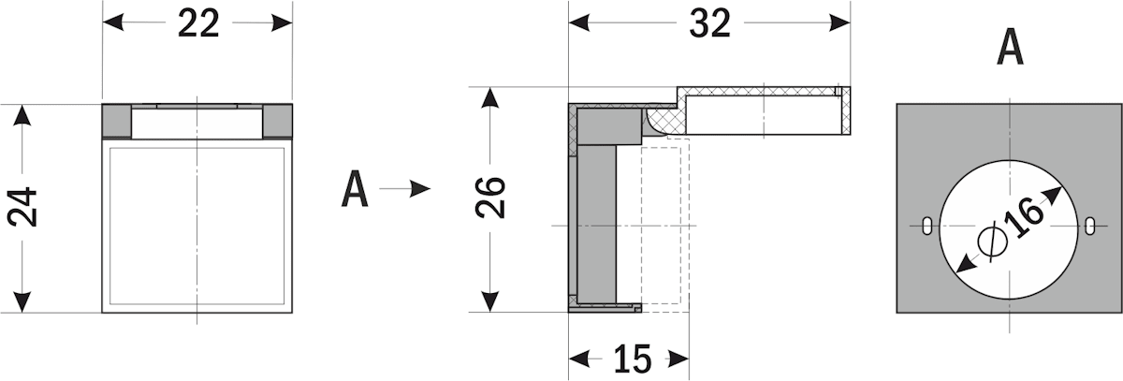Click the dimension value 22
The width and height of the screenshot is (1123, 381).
coord(198,23)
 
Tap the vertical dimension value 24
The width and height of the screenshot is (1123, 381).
coord(22,207)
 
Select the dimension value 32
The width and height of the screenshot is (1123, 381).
coord(710,23)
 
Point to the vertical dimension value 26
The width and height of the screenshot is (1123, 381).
coord(490,198)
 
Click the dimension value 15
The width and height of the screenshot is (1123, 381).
coord(633,359)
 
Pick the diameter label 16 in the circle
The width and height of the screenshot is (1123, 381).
coord(1025,216)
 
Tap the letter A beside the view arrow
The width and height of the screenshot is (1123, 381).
coord(355,189)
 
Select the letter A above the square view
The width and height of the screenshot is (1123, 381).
coord(1010,47)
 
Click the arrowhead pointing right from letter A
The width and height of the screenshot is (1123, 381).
coord(420,189)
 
